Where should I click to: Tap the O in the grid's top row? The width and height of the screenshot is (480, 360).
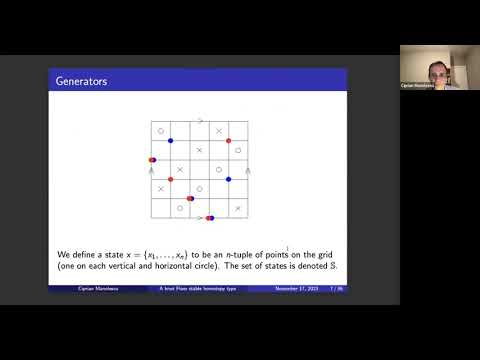[x=161, y=131]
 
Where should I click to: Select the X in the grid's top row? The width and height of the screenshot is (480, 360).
[x=219, y=131]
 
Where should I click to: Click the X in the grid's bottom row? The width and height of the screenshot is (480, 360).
[x=238, y=208]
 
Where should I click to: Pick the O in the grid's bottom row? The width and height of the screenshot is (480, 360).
[x=180, y=208]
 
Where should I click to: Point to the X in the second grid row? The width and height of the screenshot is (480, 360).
[x=200, y=150]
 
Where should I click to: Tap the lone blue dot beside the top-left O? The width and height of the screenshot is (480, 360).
[x=171, y=141]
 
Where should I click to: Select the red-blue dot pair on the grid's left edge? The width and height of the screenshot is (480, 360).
[x=152, y=160]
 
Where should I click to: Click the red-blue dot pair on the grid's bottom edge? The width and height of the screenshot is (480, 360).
[x=209, y=217]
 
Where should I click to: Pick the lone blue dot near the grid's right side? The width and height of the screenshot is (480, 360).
[x=229, y=179]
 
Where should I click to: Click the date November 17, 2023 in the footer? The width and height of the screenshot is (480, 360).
[x=296, y=289]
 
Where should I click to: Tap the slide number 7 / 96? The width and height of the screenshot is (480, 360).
[x=336, y=289]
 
